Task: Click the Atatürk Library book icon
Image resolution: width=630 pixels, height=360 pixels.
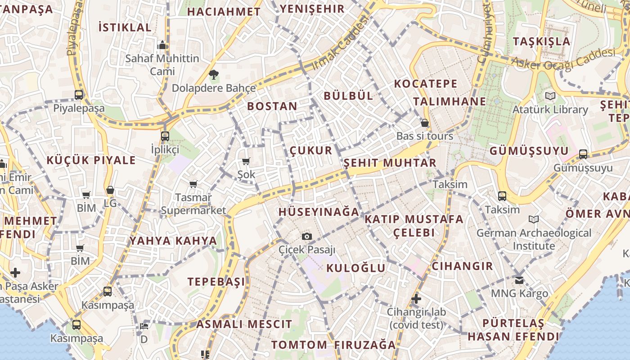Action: coord(550,96)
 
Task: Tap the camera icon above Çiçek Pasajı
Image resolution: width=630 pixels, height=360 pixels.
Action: coord(306,236)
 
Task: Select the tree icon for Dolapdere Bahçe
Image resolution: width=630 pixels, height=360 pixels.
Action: coord(213,74)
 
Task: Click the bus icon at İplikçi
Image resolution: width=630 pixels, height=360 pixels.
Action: coord(165,136)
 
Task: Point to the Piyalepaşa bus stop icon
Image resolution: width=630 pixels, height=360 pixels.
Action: coord(79,94)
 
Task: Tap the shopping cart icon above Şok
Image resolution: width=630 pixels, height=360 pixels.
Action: coord(246,161)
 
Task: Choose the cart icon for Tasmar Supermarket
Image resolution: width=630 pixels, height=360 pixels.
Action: coord(193,184)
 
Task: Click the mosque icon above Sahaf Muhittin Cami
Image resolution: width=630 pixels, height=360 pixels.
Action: coord(162,45)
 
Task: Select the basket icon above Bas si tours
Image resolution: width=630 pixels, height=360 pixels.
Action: coord(424,123)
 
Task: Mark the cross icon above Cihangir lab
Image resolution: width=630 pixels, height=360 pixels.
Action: coord(416,298)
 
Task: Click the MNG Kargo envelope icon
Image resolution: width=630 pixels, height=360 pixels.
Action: coord(519,280)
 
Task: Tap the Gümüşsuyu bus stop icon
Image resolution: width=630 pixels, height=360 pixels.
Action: coord(583,154)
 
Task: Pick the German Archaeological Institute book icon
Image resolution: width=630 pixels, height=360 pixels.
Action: coord(534,219)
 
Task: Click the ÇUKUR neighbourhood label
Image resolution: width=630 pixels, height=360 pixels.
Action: coord(311,150)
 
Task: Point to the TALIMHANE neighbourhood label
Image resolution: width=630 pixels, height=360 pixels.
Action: coord(450,101)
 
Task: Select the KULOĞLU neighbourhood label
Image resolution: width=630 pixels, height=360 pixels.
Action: coord(355,268)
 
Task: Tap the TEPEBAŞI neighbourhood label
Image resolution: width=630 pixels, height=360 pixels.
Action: coord(216,282)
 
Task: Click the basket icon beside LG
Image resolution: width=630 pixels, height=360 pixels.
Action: coord(110,190)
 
